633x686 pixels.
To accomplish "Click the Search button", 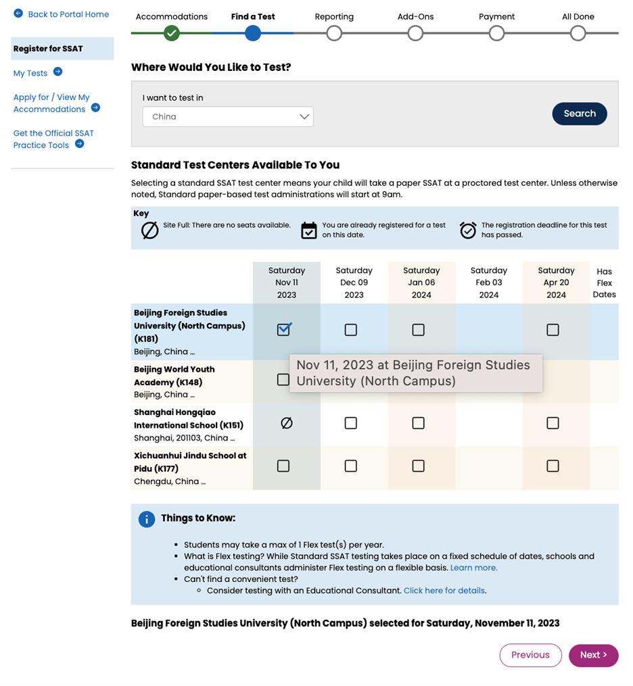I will tap(579, 114).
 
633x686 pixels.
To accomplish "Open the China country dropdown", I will tap(228, 116).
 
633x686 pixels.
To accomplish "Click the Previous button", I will tap(530, 655).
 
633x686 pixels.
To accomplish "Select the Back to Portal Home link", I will tap(68, 14).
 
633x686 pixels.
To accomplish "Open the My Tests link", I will tap(30, 73).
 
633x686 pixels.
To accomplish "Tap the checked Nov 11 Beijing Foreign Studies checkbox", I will tap(284, 329).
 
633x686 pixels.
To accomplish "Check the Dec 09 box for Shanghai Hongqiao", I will tap(350, 423).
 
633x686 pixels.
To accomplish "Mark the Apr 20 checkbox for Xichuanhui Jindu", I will tap(553, 466).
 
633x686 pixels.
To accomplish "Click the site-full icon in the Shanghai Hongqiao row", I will tap(286, 423).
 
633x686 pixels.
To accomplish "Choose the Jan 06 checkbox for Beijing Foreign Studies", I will tap(418, 330).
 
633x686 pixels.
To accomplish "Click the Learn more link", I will tap(473, 568).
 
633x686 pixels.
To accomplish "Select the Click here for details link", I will tap(444, 591).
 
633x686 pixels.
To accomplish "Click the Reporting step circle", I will tap(334, 32).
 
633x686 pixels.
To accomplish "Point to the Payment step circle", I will tap(496, 32).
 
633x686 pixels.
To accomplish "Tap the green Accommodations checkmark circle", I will tap(172, 32).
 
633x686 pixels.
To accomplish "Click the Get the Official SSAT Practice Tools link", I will tap(53, 139).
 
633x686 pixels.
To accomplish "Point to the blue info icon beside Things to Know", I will tap(147, 519).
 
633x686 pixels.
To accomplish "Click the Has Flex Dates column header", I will tap(604, 283).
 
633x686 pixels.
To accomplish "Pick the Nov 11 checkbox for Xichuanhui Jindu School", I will tap(283, 466).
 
